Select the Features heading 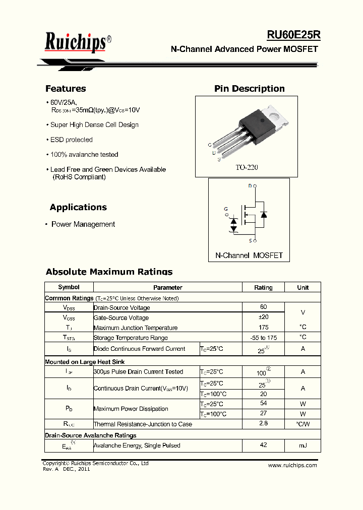(66, 89)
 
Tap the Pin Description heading (249, 89)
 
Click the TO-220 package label (247, 167)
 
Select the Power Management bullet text (83, 224)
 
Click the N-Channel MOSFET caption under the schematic (249, 256)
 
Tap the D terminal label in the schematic (250, 186)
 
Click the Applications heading (78, 207)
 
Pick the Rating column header (263, 287)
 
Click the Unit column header (302, 287)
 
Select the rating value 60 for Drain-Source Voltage (263, 307)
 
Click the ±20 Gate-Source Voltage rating (263, 317)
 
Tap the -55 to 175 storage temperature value (263, 338)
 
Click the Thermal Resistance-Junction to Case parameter (143, 424)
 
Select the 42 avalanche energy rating (263, 445)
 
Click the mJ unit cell (302, 445)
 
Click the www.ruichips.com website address (292, 465)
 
